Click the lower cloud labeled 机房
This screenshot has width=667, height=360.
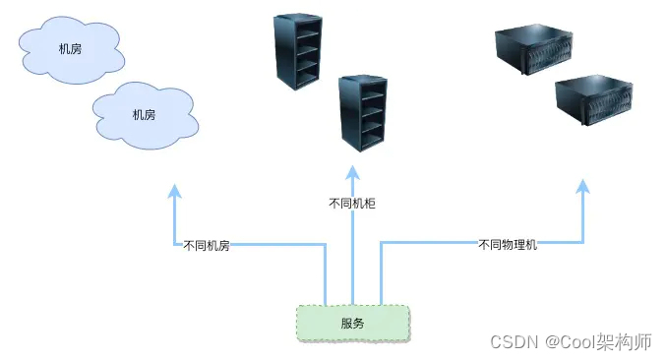click(x=143, y=113)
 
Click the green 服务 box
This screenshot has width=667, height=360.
click(x=353, y=324)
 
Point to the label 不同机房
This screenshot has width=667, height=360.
click(x=207, y=245)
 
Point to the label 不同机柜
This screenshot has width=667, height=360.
click(x=352, y=204)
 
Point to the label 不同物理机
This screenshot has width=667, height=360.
click(x=508, y=244)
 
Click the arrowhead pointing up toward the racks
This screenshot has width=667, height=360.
click(x=352, y=173)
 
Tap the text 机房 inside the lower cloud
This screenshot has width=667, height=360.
click(x=144, y=114)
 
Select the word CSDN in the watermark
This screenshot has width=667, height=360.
click(x=512, y=341)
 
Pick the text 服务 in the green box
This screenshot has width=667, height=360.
click(x=353, y=324)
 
